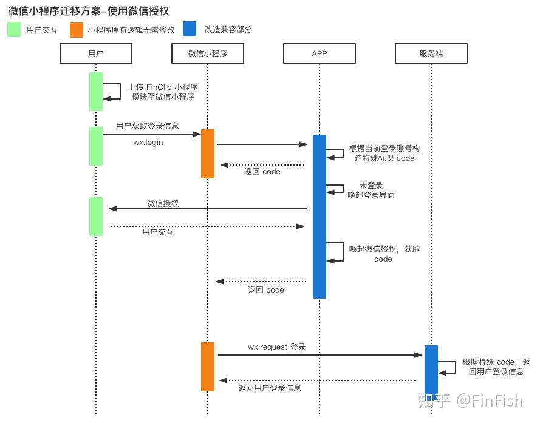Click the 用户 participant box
point(96,53)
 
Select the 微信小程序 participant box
point(208,53)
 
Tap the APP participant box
point(319,53)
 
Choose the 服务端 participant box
point(431,53)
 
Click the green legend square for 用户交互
point(14,29)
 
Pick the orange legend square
point(77,30)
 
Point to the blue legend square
point(190,29)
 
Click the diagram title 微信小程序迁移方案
point(55,11)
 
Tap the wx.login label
point(148,143)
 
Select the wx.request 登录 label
point(277,347)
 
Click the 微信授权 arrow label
point(163,203)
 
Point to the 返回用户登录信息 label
point(270,388)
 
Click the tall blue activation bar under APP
point(319,216)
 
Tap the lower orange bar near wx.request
point(208,367)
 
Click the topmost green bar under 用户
point(96,92)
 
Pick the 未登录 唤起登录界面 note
point(371,191)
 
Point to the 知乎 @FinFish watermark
point(471,401)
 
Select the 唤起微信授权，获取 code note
point(385,254)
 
